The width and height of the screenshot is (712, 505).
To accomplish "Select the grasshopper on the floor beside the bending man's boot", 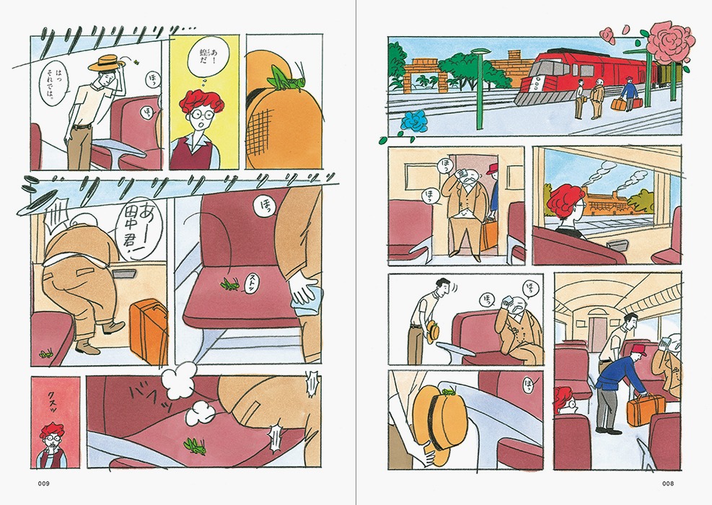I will pyautogui.click(x=45, y=353).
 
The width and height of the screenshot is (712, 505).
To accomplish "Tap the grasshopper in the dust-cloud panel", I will pyautogui.click(x=193, y=442).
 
